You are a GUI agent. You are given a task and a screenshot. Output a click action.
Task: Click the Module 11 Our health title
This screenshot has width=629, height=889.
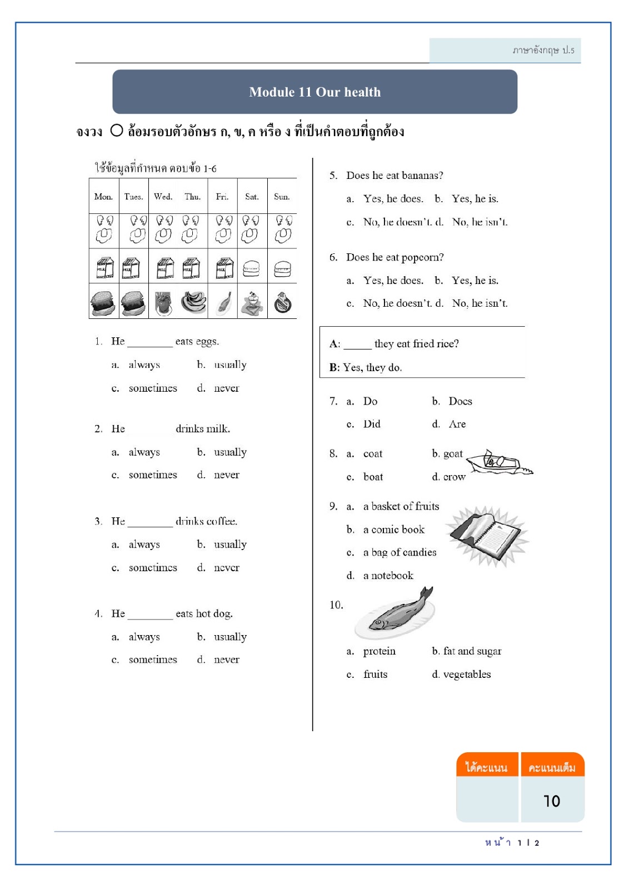314,92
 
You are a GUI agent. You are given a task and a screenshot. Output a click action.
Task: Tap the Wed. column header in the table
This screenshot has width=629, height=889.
163,197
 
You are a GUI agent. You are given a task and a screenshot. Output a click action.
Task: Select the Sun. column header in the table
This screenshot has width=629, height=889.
282,197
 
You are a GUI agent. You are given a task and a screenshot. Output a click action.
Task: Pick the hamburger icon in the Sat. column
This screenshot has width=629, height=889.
252,268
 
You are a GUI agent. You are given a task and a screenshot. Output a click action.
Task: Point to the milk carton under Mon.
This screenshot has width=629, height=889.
104,268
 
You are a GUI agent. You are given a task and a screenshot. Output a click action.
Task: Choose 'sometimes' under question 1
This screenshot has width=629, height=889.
153,388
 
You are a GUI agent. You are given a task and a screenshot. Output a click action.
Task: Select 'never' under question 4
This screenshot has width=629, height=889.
227,660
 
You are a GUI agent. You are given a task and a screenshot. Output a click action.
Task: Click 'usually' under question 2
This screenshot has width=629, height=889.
230,452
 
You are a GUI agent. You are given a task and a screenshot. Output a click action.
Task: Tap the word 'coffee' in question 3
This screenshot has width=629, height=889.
222,522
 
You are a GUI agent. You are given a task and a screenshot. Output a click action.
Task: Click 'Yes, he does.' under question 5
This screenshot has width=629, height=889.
393,199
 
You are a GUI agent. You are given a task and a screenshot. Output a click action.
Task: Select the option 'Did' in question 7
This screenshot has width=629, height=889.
372,424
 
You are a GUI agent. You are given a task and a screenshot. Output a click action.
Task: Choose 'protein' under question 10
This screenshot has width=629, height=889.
379,651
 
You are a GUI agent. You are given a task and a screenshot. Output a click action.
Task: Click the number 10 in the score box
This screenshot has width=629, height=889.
551,801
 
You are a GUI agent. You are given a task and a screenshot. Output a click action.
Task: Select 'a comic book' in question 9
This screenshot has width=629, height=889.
393,530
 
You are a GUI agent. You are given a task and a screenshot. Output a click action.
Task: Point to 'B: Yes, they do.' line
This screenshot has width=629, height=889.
366,367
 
